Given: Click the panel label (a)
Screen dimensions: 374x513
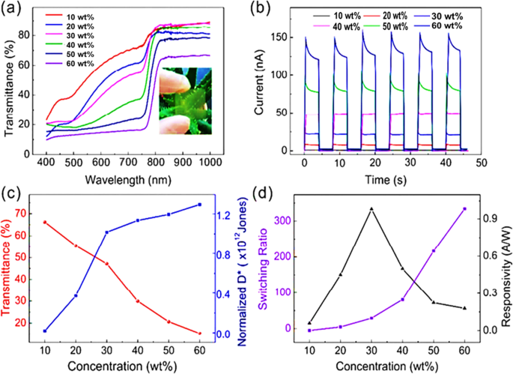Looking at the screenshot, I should pos(15,10).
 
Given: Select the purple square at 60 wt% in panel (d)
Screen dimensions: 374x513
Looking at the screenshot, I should pos(464,209).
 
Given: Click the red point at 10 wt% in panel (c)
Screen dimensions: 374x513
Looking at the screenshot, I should pos(45,223).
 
